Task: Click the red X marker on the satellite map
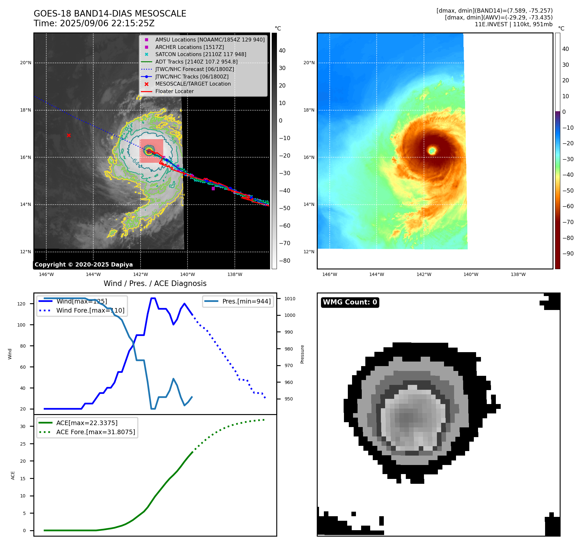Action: (69, 135)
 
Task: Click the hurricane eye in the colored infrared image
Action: (432, 150)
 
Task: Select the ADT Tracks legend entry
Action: (196, 62)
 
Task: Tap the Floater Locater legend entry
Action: (174, 91)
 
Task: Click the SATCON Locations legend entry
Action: (200, 54)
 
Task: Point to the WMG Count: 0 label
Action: (350, 302)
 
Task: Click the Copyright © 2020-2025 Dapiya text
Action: (84, 265)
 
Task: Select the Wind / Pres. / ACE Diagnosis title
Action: (155, 283)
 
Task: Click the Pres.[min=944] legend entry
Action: (246, 301)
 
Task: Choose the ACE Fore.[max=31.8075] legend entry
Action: (96, 432)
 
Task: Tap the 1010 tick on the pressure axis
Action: (290, 299)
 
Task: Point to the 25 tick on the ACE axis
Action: (23, 444)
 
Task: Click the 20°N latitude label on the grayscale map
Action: (26, 63)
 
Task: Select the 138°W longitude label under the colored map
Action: (518, 274)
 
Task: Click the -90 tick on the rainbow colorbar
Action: (568, 254)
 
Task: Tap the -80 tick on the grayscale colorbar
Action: (285, 261)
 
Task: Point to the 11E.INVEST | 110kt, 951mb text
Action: (513, 24)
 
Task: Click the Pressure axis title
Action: (302, 354)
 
